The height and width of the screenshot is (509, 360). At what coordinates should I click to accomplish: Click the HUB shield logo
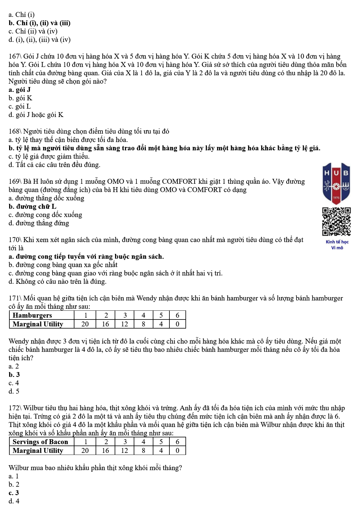click(x=336, y=183)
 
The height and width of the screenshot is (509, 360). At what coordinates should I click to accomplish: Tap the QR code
click(x=336, y=221)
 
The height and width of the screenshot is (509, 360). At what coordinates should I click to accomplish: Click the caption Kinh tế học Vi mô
click(x=337, y=245)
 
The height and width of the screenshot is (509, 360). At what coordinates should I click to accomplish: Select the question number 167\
click(x=15, y=57)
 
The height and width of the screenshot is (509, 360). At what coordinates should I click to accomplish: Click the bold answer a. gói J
click(x=20, y=90)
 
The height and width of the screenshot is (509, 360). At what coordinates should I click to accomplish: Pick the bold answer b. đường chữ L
click(x=32, y=207)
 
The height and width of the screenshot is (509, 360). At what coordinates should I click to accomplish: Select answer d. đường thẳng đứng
click(x=39, y=223)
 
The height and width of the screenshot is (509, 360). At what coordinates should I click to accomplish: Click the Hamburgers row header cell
click(x=32, y=315)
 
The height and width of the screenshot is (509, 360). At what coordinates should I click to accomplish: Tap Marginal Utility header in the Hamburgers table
click(x=38, y=324)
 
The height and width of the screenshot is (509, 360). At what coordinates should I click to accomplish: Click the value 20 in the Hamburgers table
click(x=85, y=324)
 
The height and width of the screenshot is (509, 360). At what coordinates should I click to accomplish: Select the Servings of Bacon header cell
click(x=40, y=442)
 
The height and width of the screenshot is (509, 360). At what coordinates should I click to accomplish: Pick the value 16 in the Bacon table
click(x=105, y=451)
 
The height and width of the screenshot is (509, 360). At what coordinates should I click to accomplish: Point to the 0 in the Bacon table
click(x=177, y=451)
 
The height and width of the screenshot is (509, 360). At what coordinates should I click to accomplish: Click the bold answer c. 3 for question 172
click(x=14, y=493)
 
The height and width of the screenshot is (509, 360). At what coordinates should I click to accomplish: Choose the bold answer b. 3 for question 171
click(x=14, y=375)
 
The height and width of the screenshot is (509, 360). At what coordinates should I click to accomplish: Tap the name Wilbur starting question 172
click(x=33, y=408)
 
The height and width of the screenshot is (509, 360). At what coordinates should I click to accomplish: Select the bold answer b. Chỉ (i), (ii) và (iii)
click(x=40, y=23)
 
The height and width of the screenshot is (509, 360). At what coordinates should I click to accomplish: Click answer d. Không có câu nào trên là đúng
click(x=57, y=282)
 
